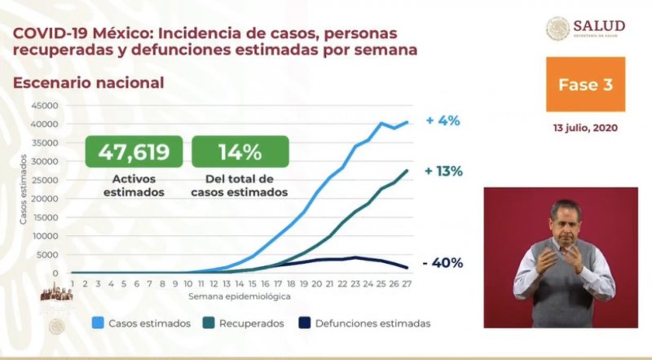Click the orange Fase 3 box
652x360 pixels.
pyautogui.click(x=586, y=84)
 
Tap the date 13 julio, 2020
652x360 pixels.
pyautogui.click(x=585, y=129)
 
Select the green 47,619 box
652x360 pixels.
pyautogui.click(x=134, y=151)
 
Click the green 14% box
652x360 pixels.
pyautogui.click(x=240, y=151)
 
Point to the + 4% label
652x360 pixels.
pyautogui.click(x=443, y=121)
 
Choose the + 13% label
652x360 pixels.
pyautogui.click(x=443, y=171)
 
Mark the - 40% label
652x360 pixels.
pyautogui.click(x=443, y=263)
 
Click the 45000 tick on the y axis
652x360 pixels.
pyautogui.click(x=44, y=106)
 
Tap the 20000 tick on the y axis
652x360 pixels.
pyautogui.click(x=44, y=199)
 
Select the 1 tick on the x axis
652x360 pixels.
pyautogui.click(x=73, y=283)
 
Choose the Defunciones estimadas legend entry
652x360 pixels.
pyautogui.click(x=366, y=323)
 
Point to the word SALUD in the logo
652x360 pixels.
pyautogui.click(x=599, y=25)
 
